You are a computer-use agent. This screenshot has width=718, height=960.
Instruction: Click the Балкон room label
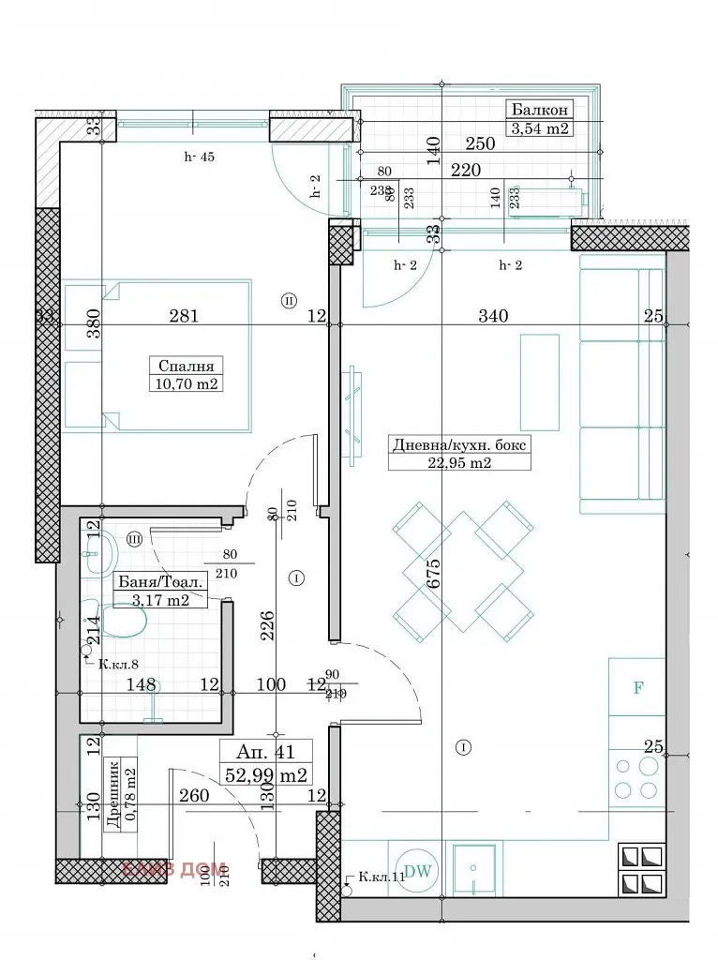coord(539,108)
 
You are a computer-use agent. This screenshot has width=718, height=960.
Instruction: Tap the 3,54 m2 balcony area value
coord(539,129)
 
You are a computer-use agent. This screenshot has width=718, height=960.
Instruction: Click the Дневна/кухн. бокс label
coord(458,444)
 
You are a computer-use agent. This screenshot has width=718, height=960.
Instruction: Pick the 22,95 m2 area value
coord(458,462)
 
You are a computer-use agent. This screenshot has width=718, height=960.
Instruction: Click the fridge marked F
coord(637,687)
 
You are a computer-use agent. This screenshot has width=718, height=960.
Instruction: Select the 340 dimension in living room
coord(493,316)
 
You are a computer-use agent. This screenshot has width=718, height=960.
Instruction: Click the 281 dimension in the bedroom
coord(184,316)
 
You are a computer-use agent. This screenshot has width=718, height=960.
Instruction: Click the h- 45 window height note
coord(200,157)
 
